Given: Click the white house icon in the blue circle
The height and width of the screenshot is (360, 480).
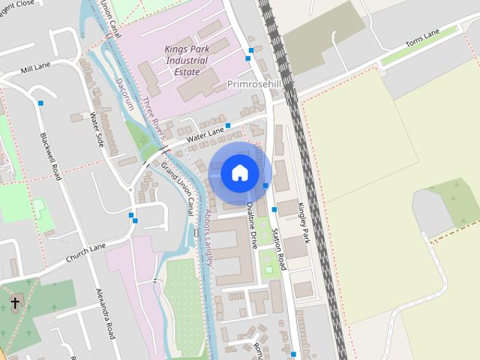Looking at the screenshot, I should tap(238, 172).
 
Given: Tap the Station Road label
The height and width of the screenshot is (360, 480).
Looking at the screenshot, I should tap(279, 249).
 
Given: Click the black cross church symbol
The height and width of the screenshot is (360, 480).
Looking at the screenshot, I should tap(14, 303).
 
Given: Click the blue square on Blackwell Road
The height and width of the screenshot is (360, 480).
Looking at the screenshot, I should tap(40, 103).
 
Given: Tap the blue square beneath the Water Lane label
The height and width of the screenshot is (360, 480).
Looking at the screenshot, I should tap(227, 125).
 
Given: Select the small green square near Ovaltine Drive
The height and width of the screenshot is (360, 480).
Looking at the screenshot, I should tap(269, 269).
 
